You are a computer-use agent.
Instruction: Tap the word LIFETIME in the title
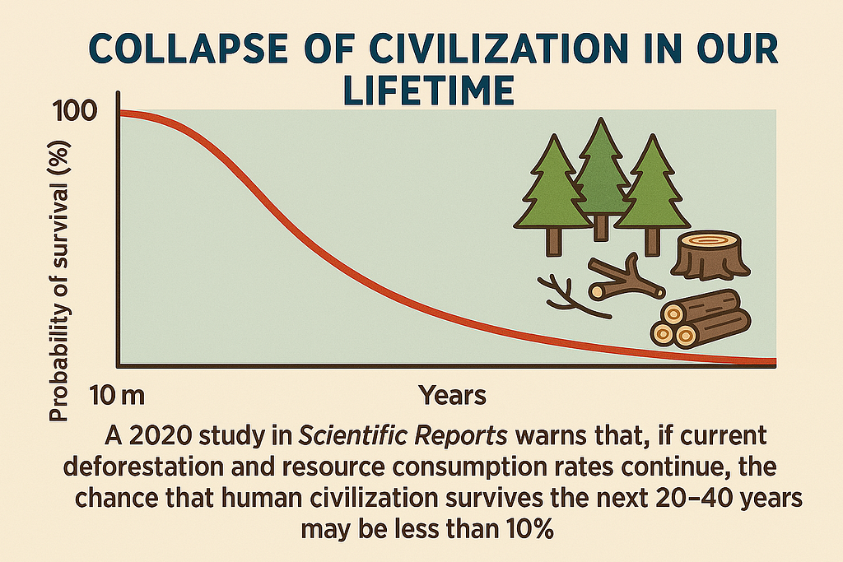428,91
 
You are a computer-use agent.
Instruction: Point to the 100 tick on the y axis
75,111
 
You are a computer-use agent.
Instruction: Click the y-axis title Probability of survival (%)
59,281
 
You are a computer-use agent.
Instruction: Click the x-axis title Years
452,396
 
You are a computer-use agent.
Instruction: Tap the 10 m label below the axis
117,396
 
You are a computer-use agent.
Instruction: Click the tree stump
710,256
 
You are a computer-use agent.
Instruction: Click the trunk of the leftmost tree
553,242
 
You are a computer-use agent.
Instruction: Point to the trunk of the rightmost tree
652,242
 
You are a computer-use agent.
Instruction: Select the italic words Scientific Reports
403,436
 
